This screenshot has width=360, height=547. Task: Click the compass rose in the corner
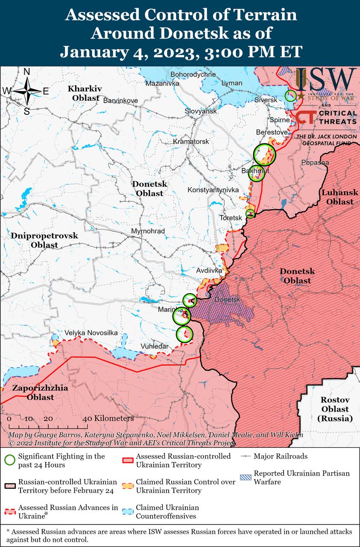click(x=26, y=91)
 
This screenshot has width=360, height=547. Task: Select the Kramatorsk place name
click(x=191, y=141)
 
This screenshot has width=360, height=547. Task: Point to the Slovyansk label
click(x=201, y=111)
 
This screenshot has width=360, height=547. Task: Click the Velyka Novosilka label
click(x=91, y=333)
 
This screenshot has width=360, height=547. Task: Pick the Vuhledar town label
click(x=155, y=346)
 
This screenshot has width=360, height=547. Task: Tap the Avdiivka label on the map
click(x=209, y=271)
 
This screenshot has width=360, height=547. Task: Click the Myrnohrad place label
click(x=148, y=231)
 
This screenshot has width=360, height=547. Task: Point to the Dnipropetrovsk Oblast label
click(x=44, y=240)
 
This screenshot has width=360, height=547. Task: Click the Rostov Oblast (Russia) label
click(x=335, y=409)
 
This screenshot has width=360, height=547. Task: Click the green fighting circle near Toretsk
click(x=250, y=213)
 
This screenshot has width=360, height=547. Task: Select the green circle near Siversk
click(x=290, y=95)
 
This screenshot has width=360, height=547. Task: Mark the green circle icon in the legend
click(x=10, y=460)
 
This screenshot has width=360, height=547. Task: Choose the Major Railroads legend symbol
click(x=246, y=456)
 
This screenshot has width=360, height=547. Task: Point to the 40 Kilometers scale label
click(x=108, y=418)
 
